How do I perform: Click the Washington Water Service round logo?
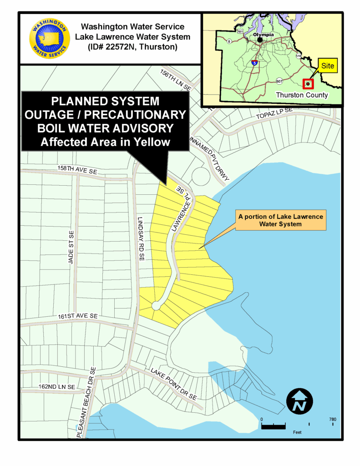pyautogui.click(x=50, y=39)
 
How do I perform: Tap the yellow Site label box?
pyautogui.click(x=327, y=66)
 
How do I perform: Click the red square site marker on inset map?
pyautogui.click(x=309, y=84)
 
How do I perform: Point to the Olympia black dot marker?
pyautogui.click(x=259, y=40)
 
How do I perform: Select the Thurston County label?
pyautogui.click(x=302, y=95)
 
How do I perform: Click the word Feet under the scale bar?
pyautogui.click(x=296, y=432)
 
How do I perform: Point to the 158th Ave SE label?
pyautogui.click(x=77, y=168)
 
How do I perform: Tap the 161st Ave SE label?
pyautogui.click(x=78, y=315)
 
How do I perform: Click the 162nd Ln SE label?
pyautogui.click(x=56, y=386)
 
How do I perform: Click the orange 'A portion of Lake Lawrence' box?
pyautogui.click(x=280, y=220)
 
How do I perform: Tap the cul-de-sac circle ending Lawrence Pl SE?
pyautogui.click(x=156, y=306)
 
